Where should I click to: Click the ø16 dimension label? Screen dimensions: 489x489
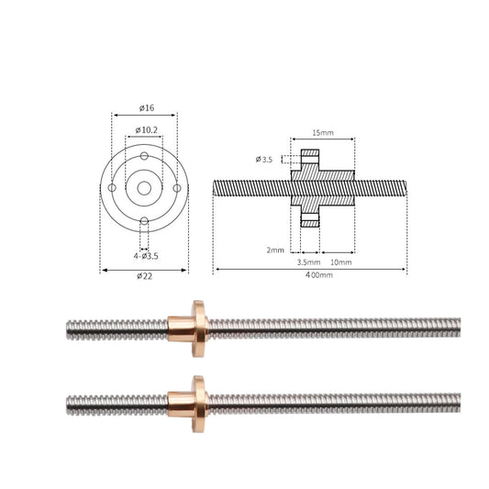click(x=147, y=108)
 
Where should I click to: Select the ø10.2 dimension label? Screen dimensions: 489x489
click(x=146, y=130)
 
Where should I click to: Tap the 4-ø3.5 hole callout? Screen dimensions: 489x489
click(x=146, y=256)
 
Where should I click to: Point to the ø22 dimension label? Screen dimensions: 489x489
click(x=144, y=276)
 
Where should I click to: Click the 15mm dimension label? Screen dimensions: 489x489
click(x=323, y=133)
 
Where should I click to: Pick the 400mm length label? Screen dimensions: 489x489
click(x=318, y=275)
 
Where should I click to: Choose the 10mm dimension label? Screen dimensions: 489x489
click(x=341, y=262)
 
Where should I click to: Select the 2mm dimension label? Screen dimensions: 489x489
click(x=275, y=250)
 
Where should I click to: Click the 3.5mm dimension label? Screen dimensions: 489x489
click(x=308, y=262)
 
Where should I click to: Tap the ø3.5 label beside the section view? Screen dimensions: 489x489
click(x=264, y=160)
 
